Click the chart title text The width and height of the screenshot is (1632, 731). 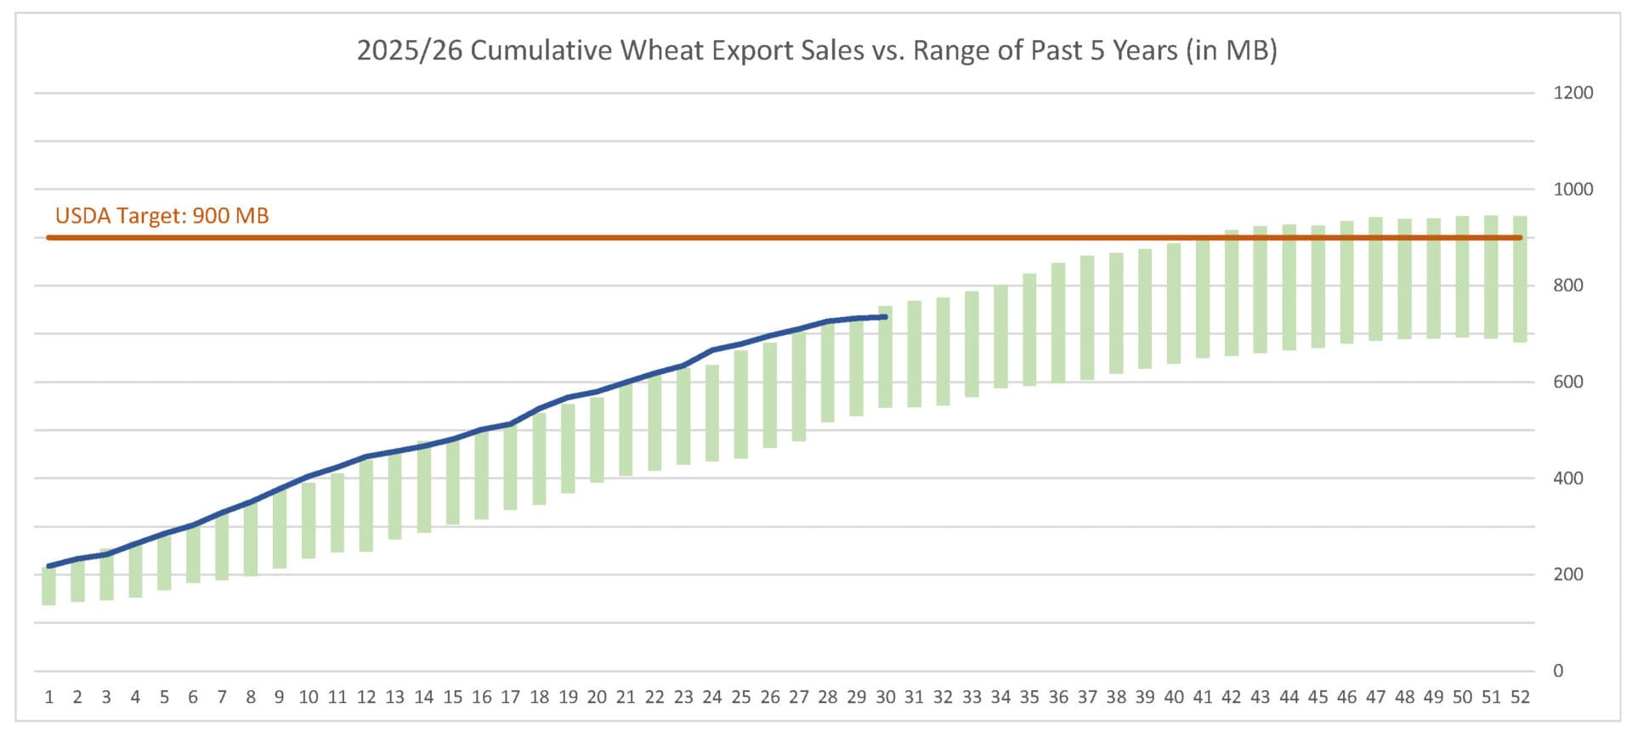pyautogui.click(x=816, y=50)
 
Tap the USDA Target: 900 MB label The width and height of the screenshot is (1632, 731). pyautogui.click(x=161, y=216)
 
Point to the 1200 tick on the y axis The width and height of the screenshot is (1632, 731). pyautogui.click(x=1572, y=93)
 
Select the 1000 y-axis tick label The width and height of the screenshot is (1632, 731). pyautogui.click(x=1572, y=189)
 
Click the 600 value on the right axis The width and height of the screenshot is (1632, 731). pyautogui.click(x=1568, y=382)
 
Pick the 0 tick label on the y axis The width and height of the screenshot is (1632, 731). pyautogui.click(x=1557, y=671)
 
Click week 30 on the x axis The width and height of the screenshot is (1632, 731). pyautogui.click(x=885, y=697)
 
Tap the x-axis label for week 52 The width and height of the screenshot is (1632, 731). pyautogui.click(x=1520, y=697)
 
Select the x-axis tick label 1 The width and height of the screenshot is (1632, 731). pyautogui.click(x=48, y=697)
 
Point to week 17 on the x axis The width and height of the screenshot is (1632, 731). pyautogui.click(x=510, y=697)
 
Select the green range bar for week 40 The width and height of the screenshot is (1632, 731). pyautogui.click(x=1174, y=303)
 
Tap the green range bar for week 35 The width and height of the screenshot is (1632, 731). pyautogui.click(x=1029, y=330)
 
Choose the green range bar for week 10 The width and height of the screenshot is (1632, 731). pyautogui.click(x=309, y=520)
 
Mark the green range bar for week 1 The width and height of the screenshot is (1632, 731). pyautogui.click(x=48, y=586)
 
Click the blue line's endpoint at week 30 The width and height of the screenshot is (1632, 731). pyautogui.click(x=886, y=317)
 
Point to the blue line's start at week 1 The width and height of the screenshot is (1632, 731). pyautogui.click(x=48, y=565)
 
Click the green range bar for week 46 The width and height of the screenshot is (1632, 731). pyautogui.click(x=1347, y=282)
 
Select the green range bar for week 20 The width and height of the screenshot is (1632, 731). pyautogui.click(x=597, y=439)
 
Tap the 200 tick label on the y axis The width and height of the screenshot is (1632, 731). pyautogui.click(x=1568, y=574)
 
